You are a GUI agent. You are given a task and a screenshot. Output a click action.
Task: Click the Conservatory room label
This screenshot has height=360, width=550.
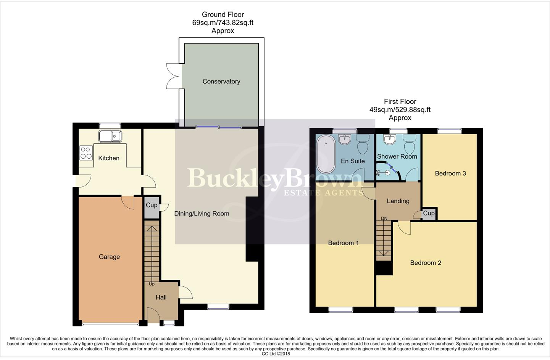tap(221, 81)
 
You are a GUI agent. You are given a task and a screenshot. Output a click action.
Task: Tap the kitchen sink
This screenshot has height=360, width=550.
tap(110, 136)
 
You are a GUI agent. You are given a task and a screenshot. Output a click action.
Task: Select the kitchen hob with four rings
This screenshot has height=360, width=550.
tap(86, 153)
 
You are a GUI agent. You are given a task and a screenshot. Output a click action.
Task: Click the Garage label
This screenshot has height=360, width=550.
tap(109, 257)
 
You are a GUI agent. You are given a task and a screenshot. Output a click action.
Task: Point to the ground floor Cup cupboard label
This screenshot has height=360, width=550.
tap(152, 205)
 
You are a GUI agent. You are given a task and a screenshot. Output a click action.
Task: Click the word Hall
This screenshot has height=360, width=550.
tap(161, 297)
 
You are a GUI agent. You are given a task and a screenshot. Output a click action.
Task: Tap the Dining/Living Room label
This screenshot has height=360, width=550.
tap(202, 214)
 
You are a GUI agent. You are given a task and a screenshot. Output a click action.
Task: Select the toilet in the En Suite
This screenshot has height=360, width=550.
tap(363, 144)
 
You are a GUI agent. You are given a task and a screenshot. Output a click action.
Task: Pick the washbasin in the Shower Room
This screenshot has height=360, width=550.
tap(389, 140)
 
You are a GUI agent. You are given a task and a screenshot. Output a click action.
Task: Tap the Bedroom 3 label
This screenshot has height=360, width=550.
tap(450, 174)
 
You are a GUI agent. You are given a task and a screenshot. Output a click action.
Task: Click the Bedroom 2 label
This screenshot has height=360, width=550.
tap(426, 263)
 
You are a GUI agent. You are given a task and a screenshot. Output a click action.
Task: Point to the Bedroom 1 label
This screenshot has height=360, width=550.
tap(343, 243)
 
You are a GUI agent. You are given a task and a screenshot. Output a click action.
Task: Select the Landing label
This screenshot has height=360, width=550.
tap(398, 201)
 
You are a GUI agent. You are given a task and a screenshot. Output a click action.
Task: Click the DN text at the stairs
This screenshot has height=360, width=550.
tap(384, 219)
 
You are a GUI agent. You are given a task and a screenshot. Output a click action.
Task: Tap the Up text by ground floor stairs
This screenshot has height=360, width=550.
tap(152, 284)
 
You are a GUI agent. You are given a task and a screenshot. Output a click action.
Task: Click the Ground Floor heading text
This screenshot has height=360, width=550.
tap(223, 14)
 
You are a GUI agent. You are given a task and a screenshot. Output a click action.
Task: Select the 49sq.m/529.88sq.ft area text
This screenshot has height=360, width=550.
tap(400, 110)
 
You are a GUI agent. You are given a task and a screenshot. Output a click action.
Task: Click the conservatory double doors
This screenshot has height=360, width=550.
tap(173, 76)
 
